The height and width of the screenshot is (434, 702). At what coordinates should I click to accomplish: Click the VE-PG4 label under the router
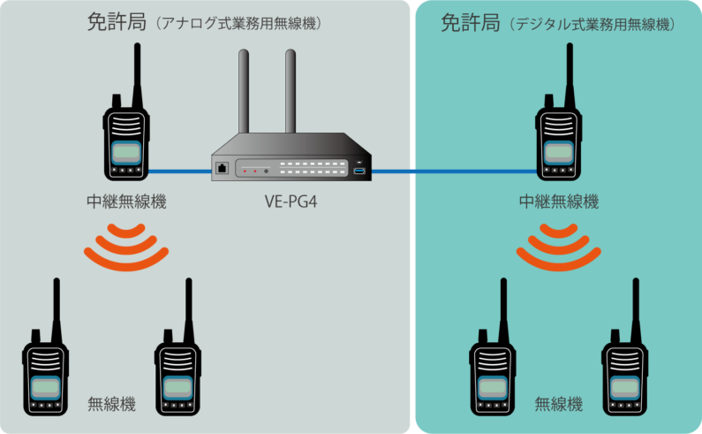coord(291,202)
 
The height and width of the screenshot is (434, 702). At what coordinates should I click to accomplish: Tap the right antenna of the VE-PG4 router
coord(289,93)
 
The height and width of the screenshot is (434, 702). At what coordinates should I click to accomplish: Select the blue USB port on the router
coord(359,169)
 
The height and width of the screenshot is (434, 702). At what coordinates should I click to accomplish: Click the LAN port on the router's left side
coord(221,168)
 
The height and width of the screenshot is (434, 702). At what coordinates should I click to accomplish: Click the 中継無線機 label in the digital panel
coord(558,202)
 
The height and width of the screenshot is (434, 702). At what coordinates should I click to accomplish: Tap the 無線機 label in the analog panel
coord(111,405)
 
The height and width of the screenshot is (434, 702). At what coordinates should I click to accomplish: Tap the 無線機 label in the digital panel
coord(558,405)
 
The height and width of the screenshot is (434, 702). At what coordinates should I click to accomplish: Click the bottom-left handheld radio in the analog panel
coord(44,371)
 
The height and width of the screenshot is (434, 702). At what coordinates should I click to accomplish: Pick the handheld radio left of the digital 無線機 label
coord(491,371)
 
